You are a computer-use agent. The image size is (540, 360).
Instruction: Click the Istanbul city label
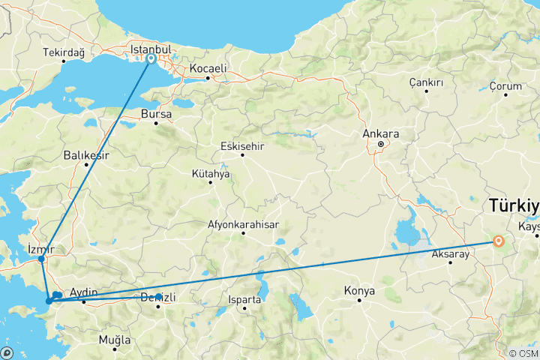pos(151,49)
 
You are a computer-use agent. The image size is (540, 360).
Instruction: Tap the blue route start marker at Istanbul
pos(151,58)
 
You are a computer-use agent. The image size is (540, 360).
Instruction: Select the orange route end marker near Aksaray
pos(499,241)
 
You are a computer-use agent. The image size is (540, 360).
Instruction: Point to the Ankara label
pos(380,134)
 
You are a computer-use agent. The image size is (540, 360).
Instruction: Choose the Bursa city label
pos(156,115)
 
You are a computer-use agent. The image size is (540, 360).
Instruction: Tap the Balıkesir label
pos(85,156)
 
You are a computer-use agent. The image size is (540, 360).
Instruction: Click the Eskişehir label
pos(242,146)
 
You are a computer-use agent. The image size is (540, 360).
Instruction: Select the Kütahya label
pos(211,173)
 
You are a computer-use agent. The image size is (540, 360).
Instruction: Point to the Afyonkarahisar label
pos(243,224)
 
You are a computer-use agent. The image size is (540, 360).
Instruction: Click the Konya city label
pos(358,290)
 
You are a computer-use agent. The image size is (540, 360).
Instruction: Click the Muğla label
pos(115,340)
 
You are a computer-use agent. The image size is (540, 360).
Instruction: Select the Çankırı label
pos(426,82)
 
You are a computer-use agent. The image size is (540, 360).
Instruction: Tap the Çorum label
pos(505,86)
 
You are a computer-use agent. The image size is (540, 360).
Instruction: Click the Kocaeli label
pos(208,68)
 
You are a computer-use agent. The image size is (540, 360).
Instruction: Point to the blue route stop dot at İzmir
pos(41,259)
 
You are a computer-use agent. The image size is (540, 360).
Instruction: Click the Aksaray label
pos(451,254)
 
